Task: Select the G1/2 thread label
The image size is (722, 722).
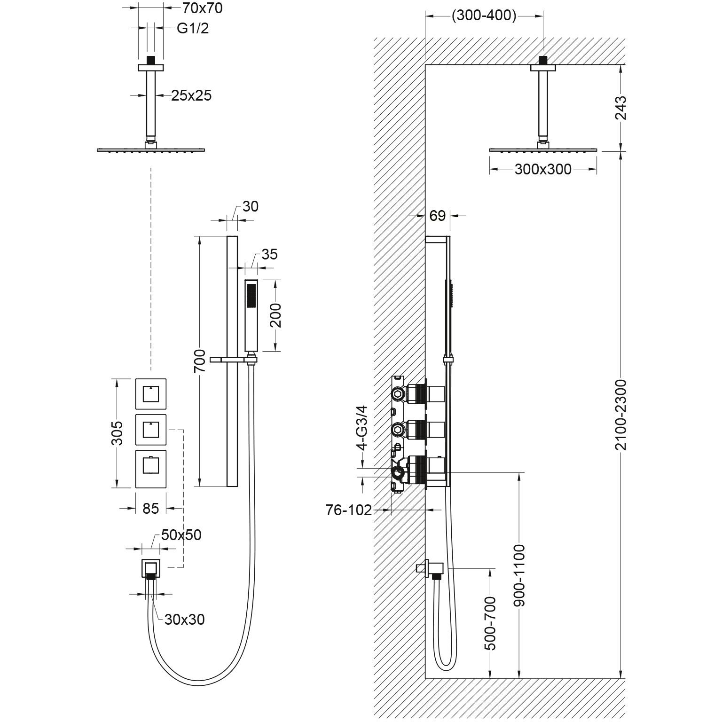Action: click(x=193, y=28)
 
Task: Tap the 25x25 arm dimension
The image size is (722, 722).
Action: click(x=191, y=95)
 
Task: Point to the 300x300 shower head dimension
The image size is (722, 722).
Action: click(x=543, y=169)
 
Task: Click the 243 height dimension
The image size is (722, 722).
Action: click(x=620, y=108)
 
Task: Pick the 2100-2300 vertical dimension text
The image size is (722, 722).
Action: click(x=620, y=415)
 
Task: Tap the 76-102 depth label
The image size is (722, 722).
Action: click(x=349, y=510)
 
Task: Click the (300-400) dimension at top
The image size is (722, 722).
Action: click(x=484, y=16)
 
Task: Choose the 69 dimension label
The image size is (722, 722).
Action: click(x=437, y=216)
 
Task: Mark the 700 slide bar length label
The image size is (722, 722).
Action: click(x=200, y=361)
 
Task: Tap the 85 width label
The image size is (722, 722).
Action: click(x=150, y=508)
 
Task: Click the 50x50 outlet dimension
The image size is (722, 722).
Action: click(x=181, y=535)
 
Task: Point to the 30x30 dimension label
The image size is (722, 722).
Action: click(x=185, y=620)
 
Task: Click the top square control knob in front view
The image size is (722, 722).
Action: click(x=150, y=393)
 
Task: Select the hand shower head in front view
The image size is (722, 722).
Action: click(x=251, y=315)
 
